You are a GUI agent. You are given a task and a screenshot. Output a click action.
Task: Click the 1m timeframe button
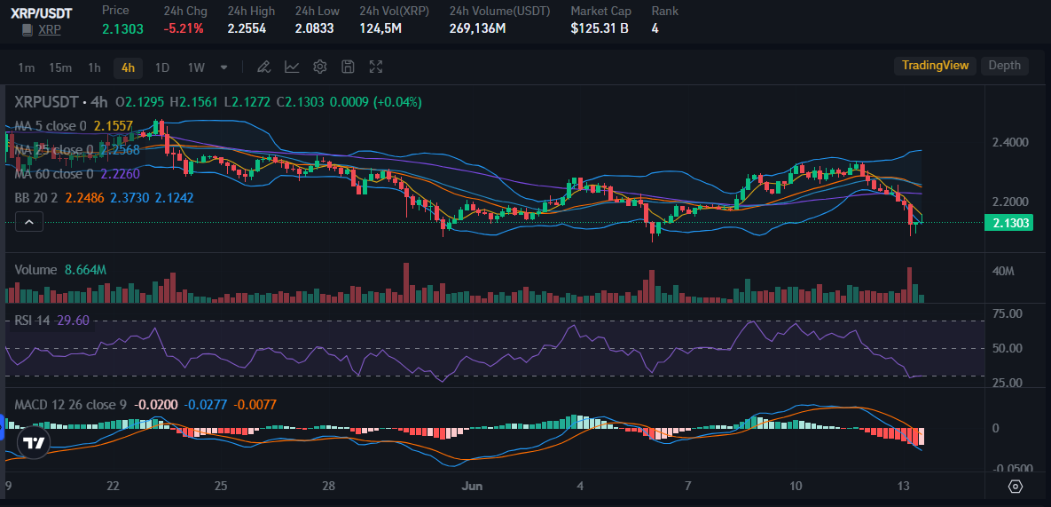tap(27, 67)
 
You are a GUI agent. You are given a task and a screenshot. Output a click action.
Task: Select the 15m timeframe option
tap(60, 67)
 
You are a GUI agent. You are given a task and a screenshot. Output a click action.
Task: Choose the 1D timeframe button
tap(162, 67)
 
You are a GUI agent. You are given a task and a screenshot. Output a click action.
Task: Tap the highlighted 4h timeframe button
tap(129, 67)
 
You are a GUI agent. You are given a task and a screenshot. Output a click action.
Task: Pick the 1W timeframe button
tap(196, 67)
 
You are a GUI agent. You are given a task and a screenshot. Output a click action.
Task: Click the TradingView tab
tap(935, 66)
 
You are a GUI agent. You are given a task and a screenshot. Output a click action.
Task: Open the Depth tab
tap(1004, 66)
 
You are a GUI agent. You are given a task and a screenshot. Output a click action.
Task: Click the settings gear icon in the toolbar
tap(320, 67)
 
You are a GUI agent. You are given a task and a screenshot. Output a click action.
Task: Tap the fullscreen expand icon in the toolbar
tap(376, 67)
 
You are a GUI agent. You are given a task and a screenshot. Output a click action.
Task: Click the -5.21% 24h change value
tap(184, 28)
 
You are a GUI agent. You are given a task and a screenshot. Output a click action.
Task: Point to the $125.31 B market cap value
tap(600, 28)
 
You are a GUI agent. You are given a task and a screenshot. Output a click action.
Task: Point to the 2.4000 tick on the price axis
tap(1011, 142)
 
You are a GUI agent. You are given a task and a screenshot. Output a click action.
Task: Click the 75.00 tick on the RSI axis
tap(1009, 313)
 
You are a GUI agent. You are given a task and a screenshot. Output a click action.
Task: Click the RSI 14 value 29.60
tap(73, 321)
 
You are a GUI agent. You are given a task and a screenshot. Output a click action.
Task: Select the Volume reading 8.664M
tap(86, 270)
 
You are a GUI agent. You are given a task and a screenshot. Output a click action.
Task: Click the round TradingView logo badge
tap(35, 442)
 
